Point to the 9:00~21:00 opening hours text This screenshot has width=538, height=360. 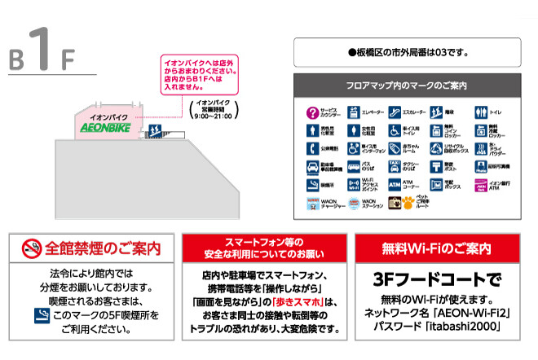[209, 116]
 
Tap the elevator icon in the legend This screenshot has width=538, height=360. [354, 112]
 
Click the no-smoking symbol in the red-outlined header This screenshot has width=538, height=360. [31, 247]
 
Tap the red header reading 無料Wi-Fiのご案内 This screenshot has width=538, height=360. [437, 248]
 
